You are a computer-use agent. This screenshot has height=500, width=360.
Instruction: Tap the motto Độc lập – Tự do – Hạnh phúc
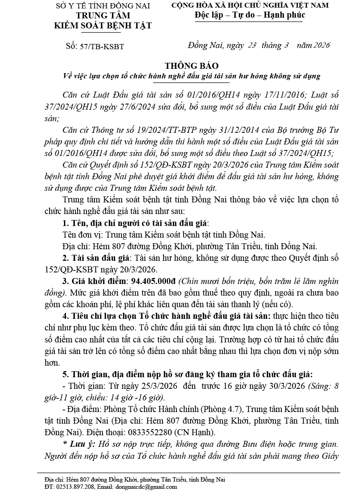250,15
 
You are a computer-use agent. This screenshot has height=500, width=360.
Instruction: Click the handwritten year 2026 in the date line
322,45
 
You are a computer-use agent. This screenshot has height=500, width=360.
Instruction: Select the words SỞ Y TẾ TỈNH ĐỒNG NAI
103,6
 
